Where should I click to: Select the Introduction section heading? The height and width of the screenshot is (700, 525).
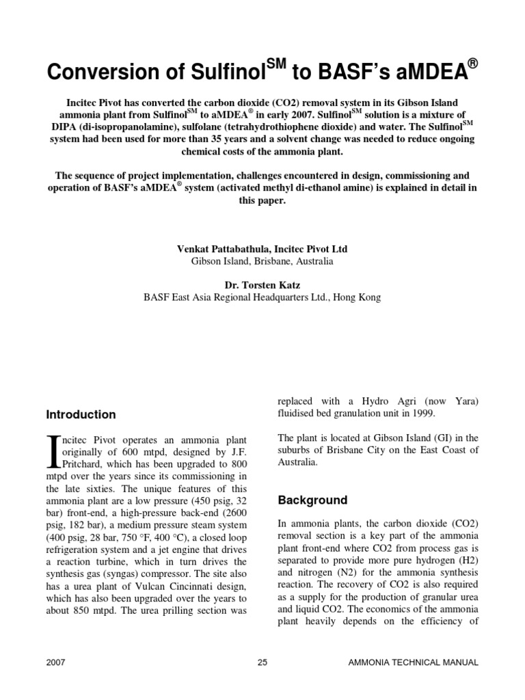pos(81,415)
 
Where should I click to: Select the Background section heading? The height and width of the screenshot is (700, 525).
pos(312,500)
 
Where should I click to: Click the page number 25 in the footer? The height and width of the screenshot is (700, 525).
pos(262,662)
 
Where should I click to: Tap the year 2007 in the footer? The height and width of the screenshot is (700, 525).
pos(56,662)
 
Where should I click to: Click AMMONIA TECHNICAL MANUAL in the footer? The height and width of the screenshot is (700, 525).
pos(414,662)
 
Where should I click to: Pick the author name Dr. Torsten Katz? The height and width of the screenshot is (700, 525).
pos(262,284)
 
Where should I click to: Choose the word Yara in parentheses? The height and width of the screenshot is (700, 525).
pos(463,401)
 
